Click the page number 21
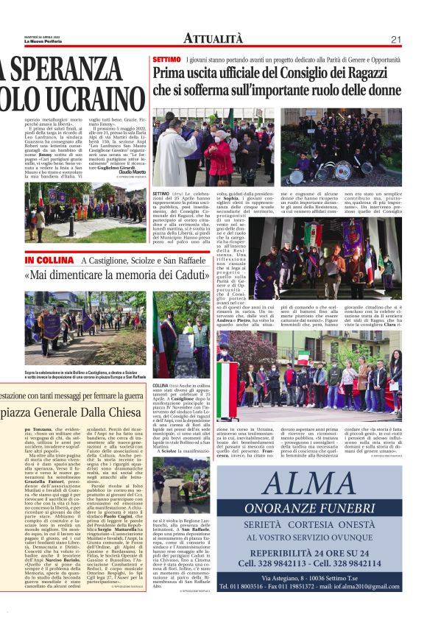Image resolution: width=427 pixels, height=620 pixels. [395, 40]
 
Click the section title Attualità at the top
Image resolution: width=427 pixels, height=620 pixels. [213, 39]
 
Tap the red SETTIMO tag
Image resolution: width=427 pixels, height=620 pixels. [166, 58]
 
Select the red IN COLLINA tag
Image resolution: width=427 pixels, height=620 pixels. [50, 261]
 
